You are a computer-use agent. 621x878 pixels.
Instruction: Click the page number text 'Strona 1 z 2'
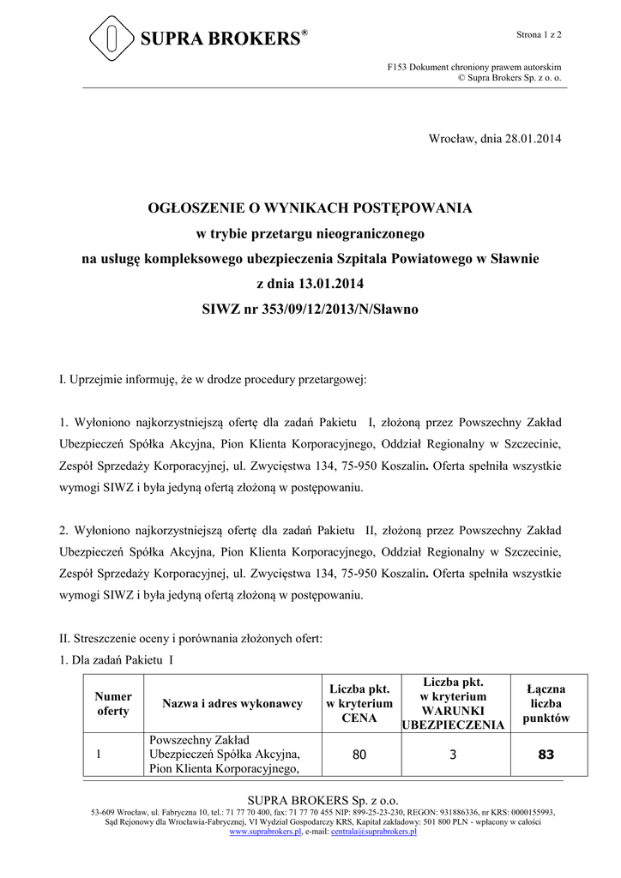(538, 34)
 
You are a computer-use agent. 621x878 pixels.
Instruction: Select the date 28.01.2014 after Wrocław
(533, 139)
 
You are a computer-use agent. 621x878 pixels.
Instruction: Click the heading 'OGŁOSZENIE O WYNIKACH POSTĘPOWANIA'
(310, 208)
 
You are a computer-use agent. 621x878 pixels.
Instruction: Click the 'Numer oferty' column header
(113, 704)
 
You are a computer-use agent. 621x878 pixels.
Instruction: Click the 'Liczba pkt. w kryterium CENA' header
(359, 704)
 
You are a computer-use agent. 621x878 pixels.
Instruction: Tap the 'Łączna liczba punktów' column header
(546, 704)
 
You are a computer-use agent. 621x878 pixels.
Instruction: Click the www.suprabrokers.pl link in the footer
(267, 833)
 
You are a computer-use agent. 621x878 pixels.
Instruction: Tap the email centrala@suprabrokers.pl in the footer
(374, 833)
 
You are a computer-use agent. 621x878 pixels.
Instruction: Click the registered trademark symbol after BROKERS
(304, 33)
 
